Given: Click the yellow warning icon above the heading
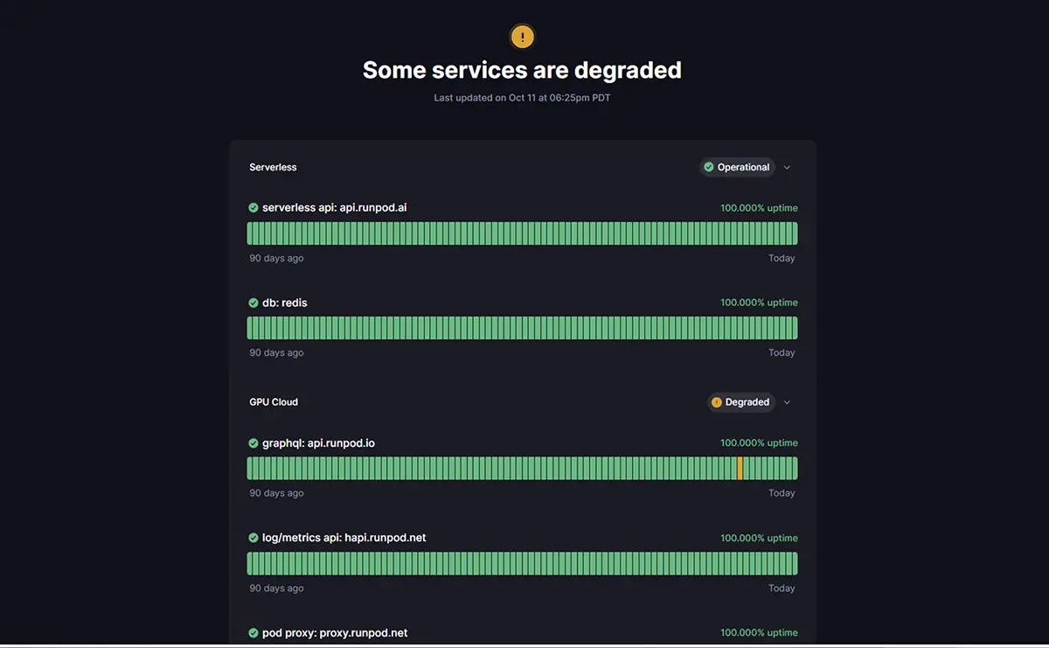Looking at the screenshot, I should tap(522, 37).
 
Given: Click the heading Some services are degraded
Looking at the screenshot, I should tap(522, 70).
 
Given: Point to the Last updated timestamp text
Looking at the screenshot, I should tap(522, 98).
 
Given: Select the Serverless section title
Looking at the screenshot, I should tap(273, 167).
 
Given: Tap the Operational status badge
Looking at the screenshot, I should tap(737, 167).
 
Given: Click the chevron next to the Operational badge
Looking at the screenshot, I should tap(787, 167).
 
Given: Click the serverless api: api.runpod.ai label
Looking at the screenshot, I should tap(334, 208).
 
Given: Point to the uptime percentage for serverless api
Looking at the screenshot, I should tap(759, 208).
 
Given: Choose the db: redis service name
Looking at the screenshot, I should tap(285, 303).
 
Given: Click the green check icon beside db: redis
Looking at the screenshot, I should tap(254, 303).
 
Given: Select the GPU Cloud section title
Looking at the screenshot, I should tap(274, 402).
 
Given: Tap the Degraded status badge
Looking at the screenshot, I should tap(740, 402).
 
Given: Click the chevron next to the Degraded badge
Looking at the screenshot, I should tap(787, 402).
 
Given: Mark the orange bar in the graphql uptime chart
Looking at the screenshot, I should tap(740, 468).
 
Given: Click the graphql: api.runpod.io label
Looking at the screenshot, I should tap(318, 443).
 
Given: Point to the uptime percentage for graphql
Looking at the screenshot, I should tap(759, 443).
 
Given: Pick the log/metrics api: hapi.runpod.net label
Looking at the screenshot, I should tap(344, 538).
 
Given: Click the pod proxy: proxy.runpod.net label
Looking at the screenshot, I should tap(335, 633).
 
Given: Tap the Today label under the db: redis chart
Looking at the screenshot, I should tap(782, 353).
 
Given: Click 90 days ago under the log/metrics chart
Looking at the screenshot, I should tap(276, 589).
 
